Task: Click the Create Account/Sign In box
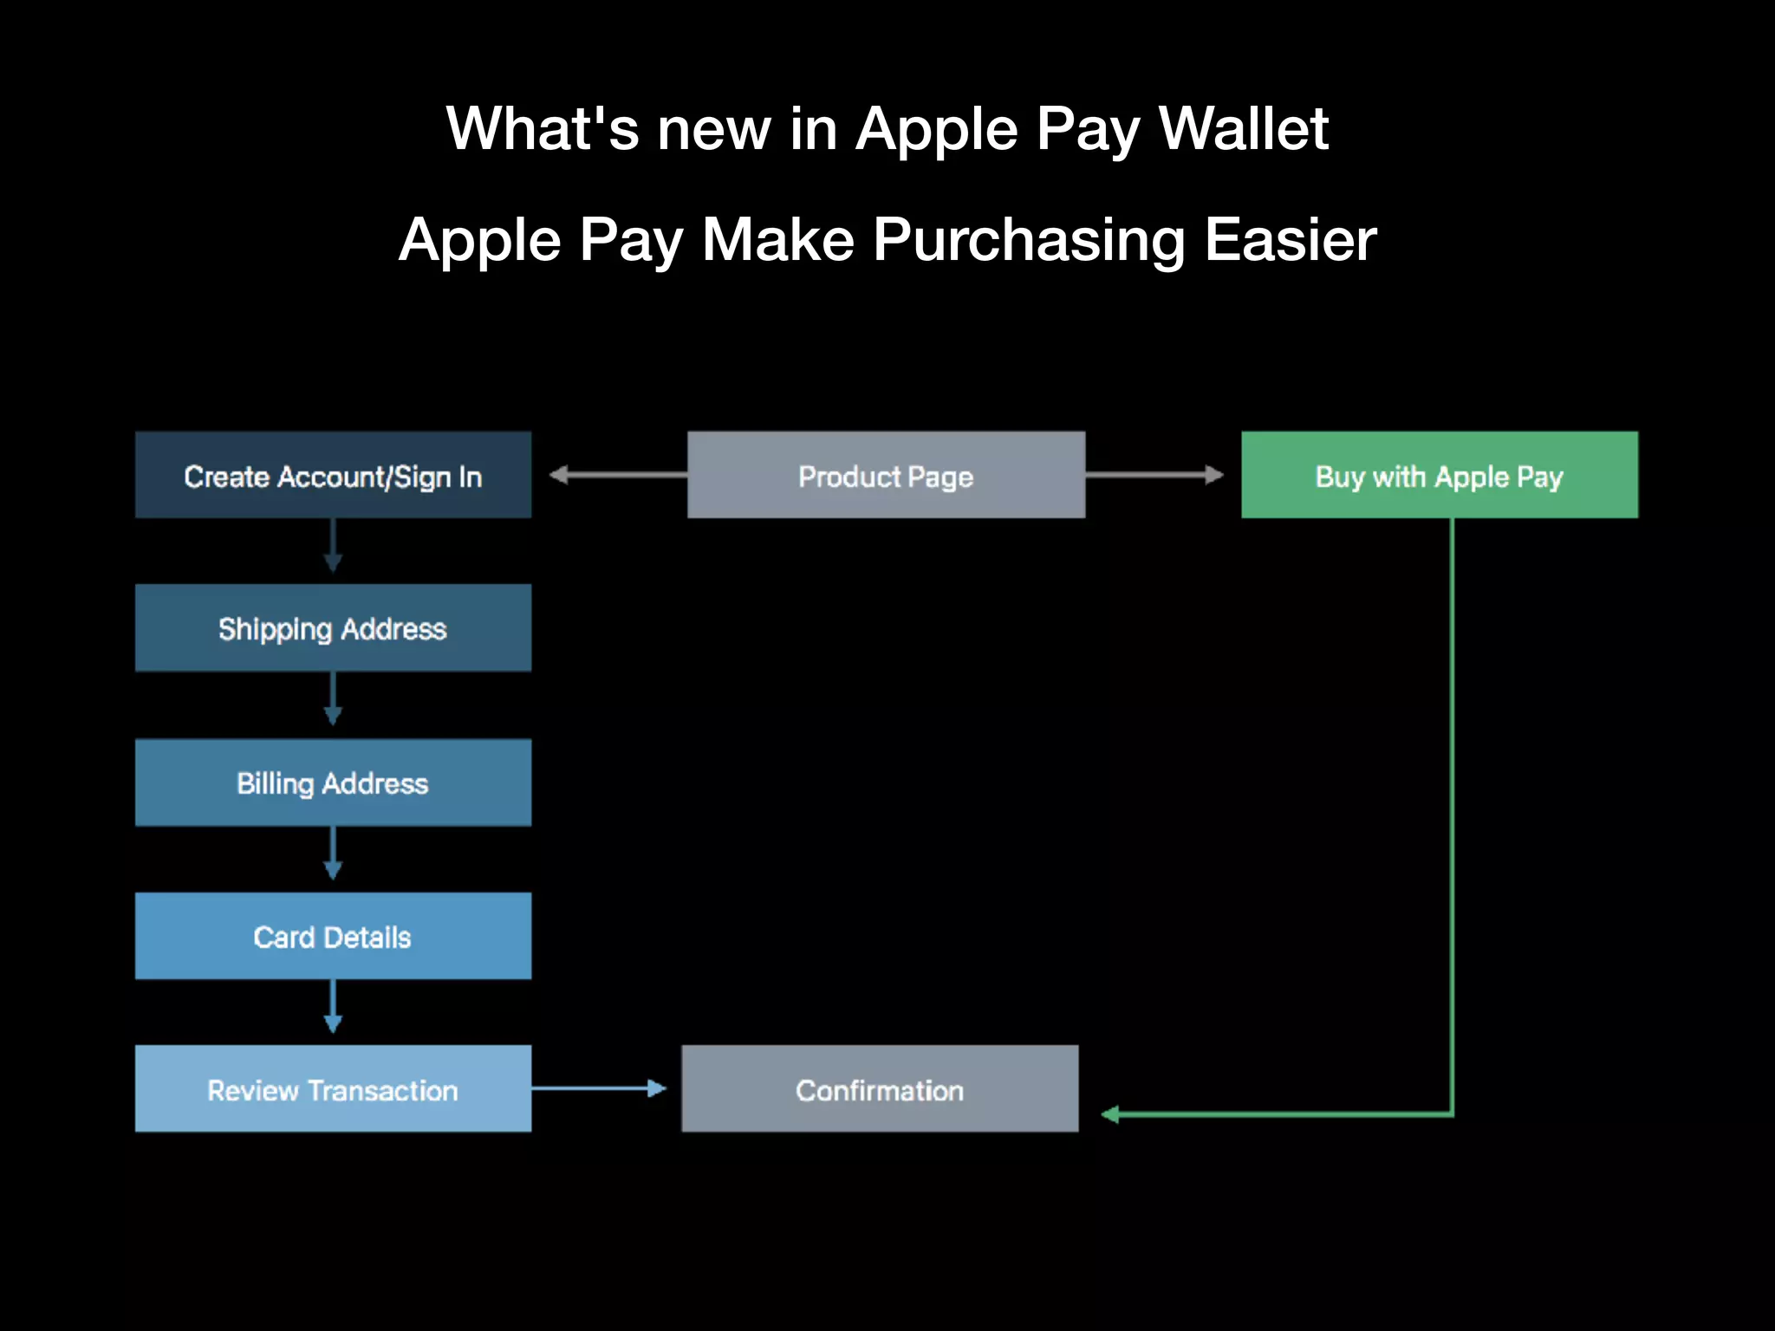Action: click(x=333, y=475)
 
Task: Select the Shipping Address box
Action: click(x=333, y=627)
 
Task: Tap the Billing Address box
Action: click(x=333, y=782)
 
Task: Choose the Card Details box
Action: click(x=333, y=936)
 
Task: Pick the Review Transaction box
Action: click(x=333, y=1088)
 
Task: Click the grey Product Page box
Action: click(x=886, y=475)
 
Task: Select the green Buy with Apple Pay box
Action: click(x=1440, y=475)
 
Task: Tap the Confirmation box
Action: click(x=880, y=1088)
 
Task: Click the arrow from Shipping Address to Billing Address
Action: click(x=333, y=700)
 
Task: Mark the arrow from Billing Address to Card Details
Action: click(x=333, y=854)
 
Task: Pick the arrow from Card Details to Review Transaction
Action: click(x=333, y=1008)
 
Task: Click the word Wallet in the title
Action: click(x=1243, y=128)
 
